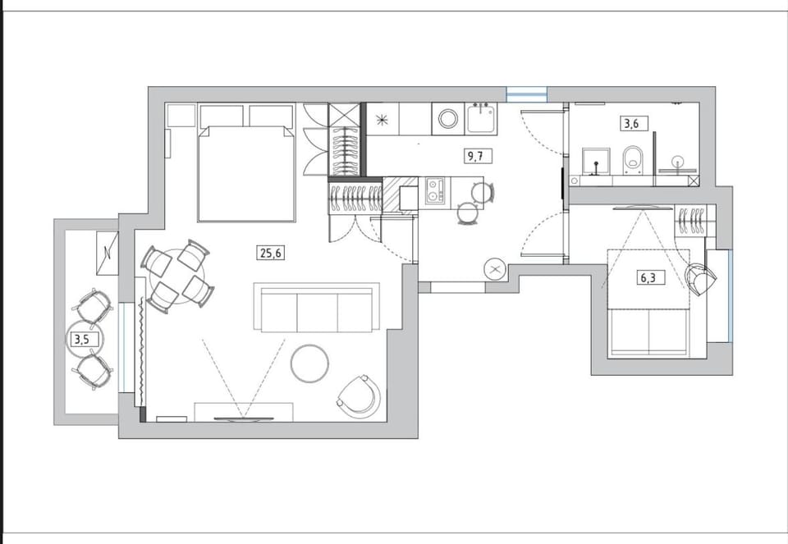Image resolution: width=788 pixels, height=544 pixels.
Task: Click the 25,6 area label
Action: [272, 253]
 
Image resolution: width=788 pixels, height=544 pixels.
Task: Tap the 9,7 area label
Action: [476, 156]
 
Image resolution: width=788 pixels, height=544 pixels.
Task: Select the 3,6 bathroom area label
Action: [632, 123]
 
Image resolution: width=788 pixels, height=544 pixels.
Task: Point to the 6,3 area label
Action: [648, 277]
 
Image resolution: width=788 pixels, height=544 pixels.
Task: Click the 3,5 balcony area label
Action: [82, 340]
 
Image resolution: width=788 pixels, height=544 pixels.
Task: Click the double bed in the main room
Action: [245, 173]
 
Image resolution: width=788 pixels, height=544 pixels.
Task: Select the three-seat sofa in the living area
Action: [317, 308]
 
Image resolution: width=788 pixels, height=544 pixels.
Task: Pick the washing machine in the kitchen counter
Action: [447, 119]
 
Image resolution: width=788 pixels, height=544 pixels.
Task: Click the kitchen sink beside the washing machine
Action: [482, 118]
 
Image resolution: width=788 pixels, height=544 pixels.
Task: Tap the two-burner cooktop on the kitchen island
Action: [435, 190]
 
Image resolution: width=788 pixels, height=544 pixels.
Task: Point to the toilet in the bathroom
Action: [632, 161]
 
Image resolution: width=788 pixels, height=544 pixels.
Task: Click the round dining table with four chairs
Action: [177, 276]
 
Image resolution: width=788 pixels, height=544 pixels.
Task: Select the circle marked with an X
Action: [495, 270]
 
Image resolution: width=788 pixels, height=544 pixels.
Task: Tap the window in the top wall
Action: [526, 94]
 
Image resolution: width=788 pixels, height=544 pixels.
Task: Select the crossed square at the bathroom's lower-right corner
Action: [694, 181]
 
